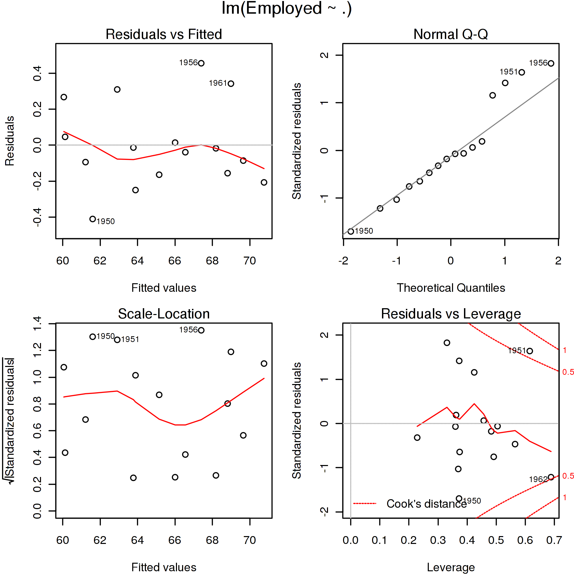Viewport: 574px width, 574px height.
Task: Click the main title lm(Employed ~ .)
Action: tap(286, 9)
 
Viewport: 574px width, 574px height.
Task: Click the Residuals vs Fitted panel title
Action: tap(164, 34)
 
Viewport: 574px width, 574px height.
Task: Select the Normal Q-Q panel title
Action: tap(450, 34)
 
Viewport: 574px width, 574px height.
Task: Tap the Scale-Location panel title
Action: tap(164, 314)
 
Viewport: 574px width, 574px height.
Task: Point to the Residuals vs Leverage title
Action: tap(451, 314)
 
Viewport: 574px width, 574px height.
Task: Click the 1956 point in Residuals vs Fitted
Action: tap(201, 63)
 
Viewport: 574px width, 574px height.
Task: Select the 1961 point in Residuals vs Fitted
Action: tap(231, 84)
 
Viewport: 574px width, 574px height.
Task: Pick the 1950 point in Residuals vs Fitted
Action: tap(93, 219)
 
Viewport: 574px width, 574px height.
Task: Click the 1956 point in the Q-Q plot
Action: tap(551, 63)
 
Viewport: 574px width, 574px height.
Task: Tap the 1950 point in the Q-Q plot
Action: tap(351, 231)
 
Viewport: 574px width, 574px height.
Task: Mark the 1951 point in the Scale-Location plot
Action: tap(117, 340)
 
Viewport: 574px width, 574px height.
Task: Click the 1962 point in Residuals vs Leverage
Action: tap(551, 477)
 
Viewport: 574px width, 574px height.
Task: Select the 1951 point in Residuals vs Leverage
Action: tap(530, 351)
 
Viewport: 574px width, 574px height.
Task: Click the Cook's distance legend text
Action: tap(426, 504)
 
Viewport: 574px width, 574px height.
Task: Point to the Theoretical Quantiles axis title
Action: tap(451, 288)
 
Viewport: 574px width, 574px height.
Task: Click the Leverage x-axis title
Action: tap(451, 567)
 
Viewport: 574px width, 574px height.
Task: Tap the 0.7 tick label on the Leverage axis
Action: tap(554, 540)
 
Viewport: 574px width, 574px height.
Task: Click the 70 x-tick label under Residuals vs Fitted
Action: tap(250, 261)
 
